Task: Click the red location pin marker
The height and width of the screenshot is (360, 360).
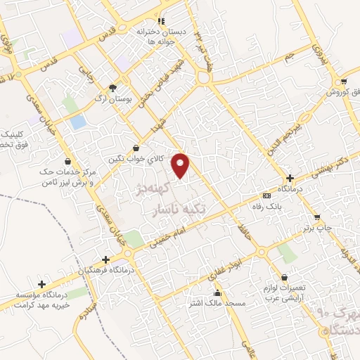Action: point(182,165)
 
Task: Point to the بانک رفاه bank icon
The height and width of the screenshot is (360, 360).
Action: point(266,195)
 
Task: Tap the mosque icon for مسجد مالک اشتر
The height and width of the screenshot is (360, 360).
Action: point(218,293)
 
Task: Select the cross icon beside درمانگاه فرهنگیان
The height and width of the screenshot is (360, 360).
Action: point(105,259)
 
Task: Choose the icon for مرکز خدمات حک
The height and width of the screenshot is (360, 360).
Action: point(67,161)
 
